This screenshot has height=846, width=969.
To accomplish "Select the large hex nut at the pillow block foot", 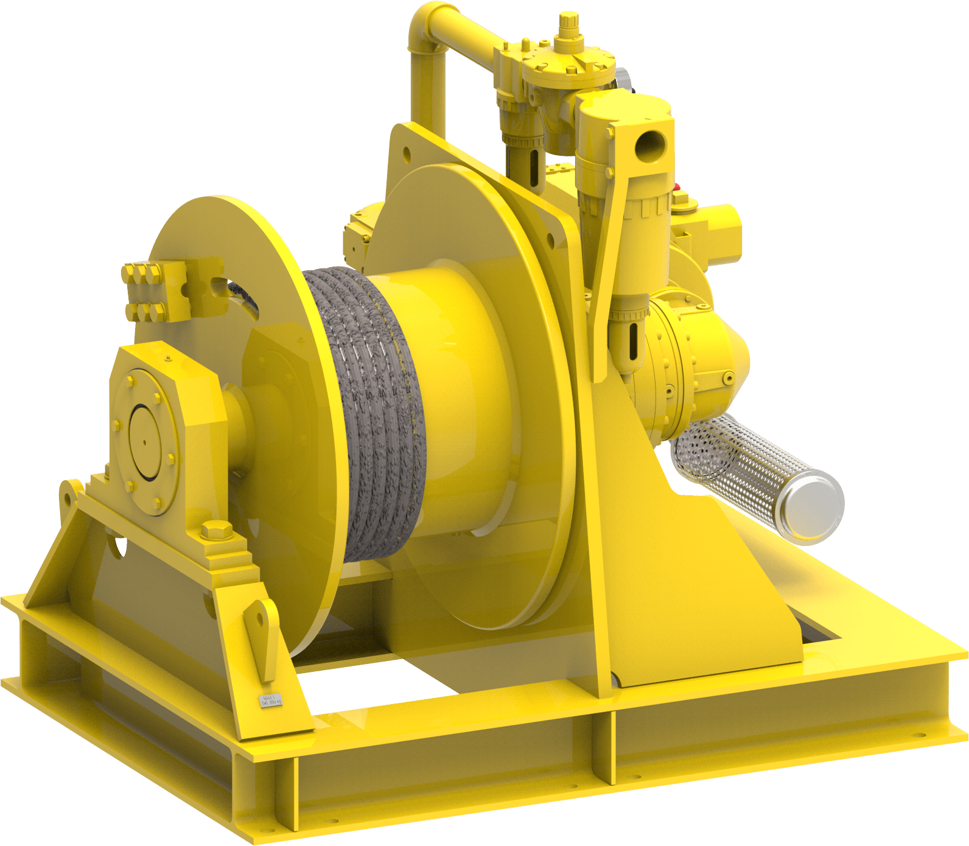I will pyautogui.click(x=214, y=530).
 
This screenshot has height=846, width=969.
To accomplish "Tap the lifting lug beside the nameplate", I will pyautogui.click(x=262, y=633).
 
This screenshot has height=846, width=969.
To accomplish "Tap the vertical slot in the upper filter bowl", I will pyautogui.click(x=534, y=167).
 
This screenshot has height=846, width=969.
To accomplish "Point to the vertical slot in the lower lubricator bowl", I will pyautogui.click(x=631, y=341).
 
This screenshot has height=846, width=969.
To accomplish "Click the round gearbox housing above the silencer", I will pyautogui.click(x=700, y=359).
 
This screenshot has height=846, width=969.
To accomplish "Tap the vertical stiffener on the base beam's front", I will pyautogui.click(x=609, y=749).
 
